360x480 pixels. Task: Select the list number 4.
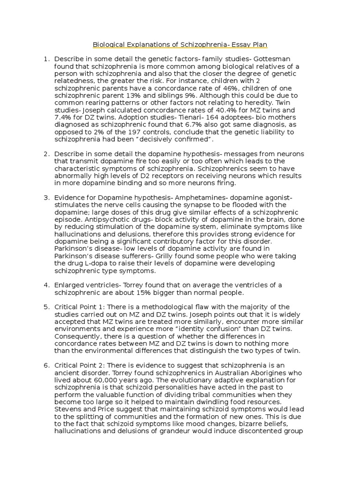46,285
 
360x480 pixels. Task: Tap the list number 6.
46,366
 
